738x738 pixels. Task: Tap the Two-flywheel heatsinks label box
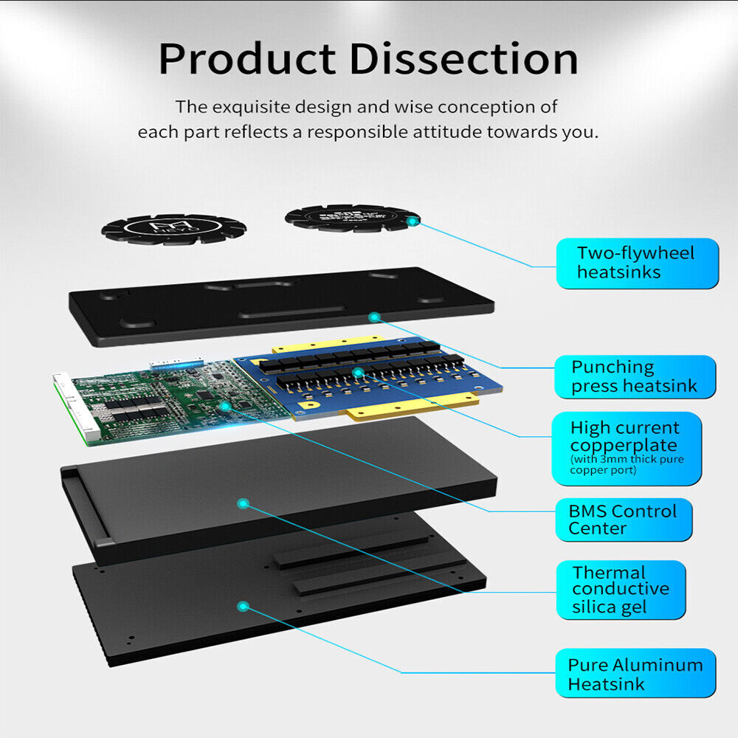[x=636, y=263]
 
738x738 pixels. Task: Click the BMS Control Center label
[x=623, y=520]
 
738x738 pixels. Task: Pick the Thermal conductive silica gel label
[x=620, y=590]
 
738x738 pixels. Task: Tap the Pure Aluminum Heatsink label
[x=635, y=674]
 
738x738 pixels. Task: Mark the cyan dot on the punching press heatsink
[x=374, y=317]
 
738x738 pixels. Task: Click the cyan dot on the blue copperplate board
[x=357, y=373]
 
